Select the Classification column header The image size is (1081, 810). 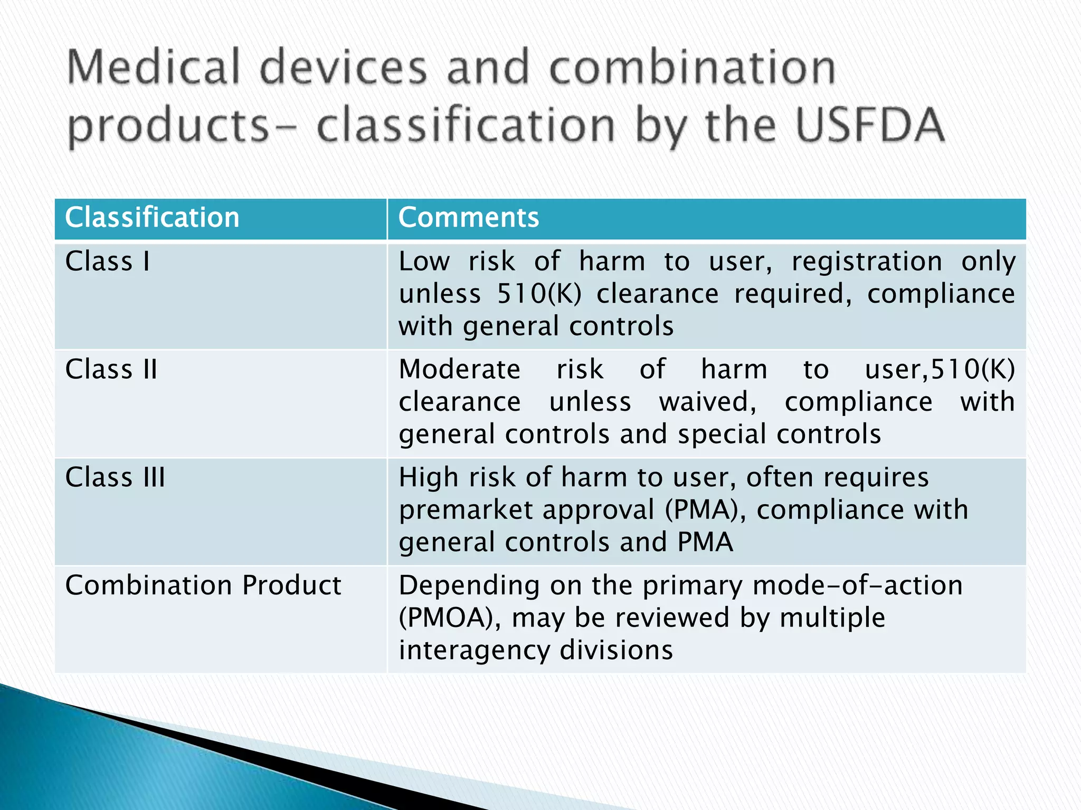coord(152,217)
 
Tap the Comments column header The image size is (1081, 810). coord(469,217)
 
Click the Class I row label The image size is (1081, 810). coord(108,262)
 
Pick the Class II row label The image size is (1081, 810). coord(111,369)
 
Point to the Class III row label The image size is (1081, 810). coord(115,477)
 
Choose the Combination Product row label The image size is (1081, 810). coord(203,585)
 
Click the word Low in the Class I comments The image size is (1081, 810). coord(424,262)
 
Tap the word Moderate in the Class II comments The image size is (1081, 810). coord(460,369)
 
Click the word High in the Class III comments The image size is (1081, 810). coord(428,477)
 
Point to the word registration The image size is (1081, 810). coord(867,262)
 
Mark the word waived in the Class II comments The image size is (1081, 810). coord(707,402)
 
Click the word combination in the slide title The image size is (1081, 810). coord(693,67)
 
